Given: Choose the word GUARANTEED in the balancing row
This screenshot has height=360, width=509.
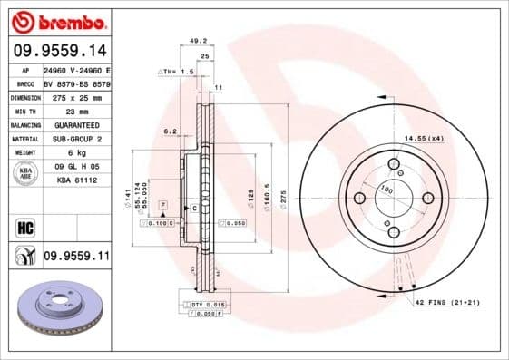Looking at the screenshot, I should coord(75,124).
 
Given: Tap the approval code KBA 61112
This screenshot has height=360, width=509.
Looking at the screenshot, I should coord(75,180).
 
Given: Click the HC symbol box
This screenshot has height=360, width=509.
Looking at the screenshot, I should coord(24,228).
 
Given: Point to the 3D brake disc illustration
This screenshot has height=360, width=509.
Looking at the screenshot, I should coord(61,314).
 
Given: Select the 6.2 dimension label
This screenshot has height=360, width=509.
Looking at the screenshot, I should coord(170,131).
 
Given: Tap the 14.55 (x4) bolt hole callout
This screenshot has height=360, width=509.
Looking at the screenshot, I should coord(424,138).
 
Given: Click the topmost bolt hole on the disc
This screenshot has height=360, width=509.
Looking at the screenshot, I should coord(394,164).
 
